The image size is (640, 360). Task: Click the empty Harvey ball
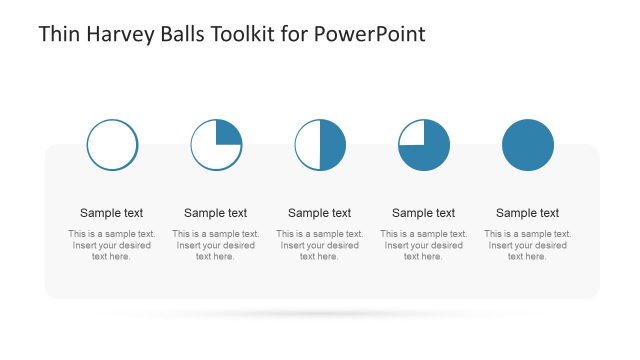pyautogui.click(x=112, y=144)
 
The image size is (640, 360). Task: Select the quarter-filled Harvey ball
pyautogui.click(x=216, y=144)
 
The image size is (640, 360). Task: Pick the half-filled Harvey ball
pyautogui.click(x=320, y=144)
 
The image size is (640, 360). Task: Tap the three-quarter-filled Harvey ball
pyautogui.click(x=424, y=144)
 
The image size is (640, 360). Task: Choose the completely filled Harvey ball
pyautogui.click(x=528, y=144)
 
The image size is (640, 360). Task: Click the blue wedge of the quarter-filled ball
pyautogui.click(x=227, y=133)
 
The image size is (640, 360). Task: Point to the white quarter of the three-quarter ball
pyautogui.click(x=412, y=133)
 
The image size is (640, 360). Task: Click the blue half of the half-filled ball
pyautogui.click(x=332, y=144)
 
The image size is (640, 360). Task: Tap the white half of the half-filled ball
pyautogui.click(x=308, y=144)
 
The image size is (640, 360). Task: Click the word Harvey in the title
pyautogui.click(x=122, y=34)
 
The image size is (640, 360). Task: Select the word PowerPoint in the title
pyautogui.click(x=369, y=34)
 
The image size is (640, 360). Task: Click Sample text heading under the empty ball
pyautogui.click(x=112, y=213)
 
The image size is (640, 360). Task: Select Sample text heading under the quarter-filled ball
pyautogui.click(x=216, y=213)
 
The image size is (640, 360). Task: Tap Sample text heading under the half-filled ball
pyautogui.click(x=320, y=213)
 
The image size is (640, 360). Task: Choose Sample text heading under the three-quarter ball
pyautogui.click(x=424, y=213)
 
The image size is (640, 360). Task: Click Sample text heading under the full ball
pyautogui.click(x=528, y=213)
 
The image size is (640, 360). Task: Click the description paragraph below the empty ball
pyautogui.click(x=112, y=245)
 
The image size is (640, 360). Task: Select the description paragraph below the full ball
pyautogui.click(x=528, y=245)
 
